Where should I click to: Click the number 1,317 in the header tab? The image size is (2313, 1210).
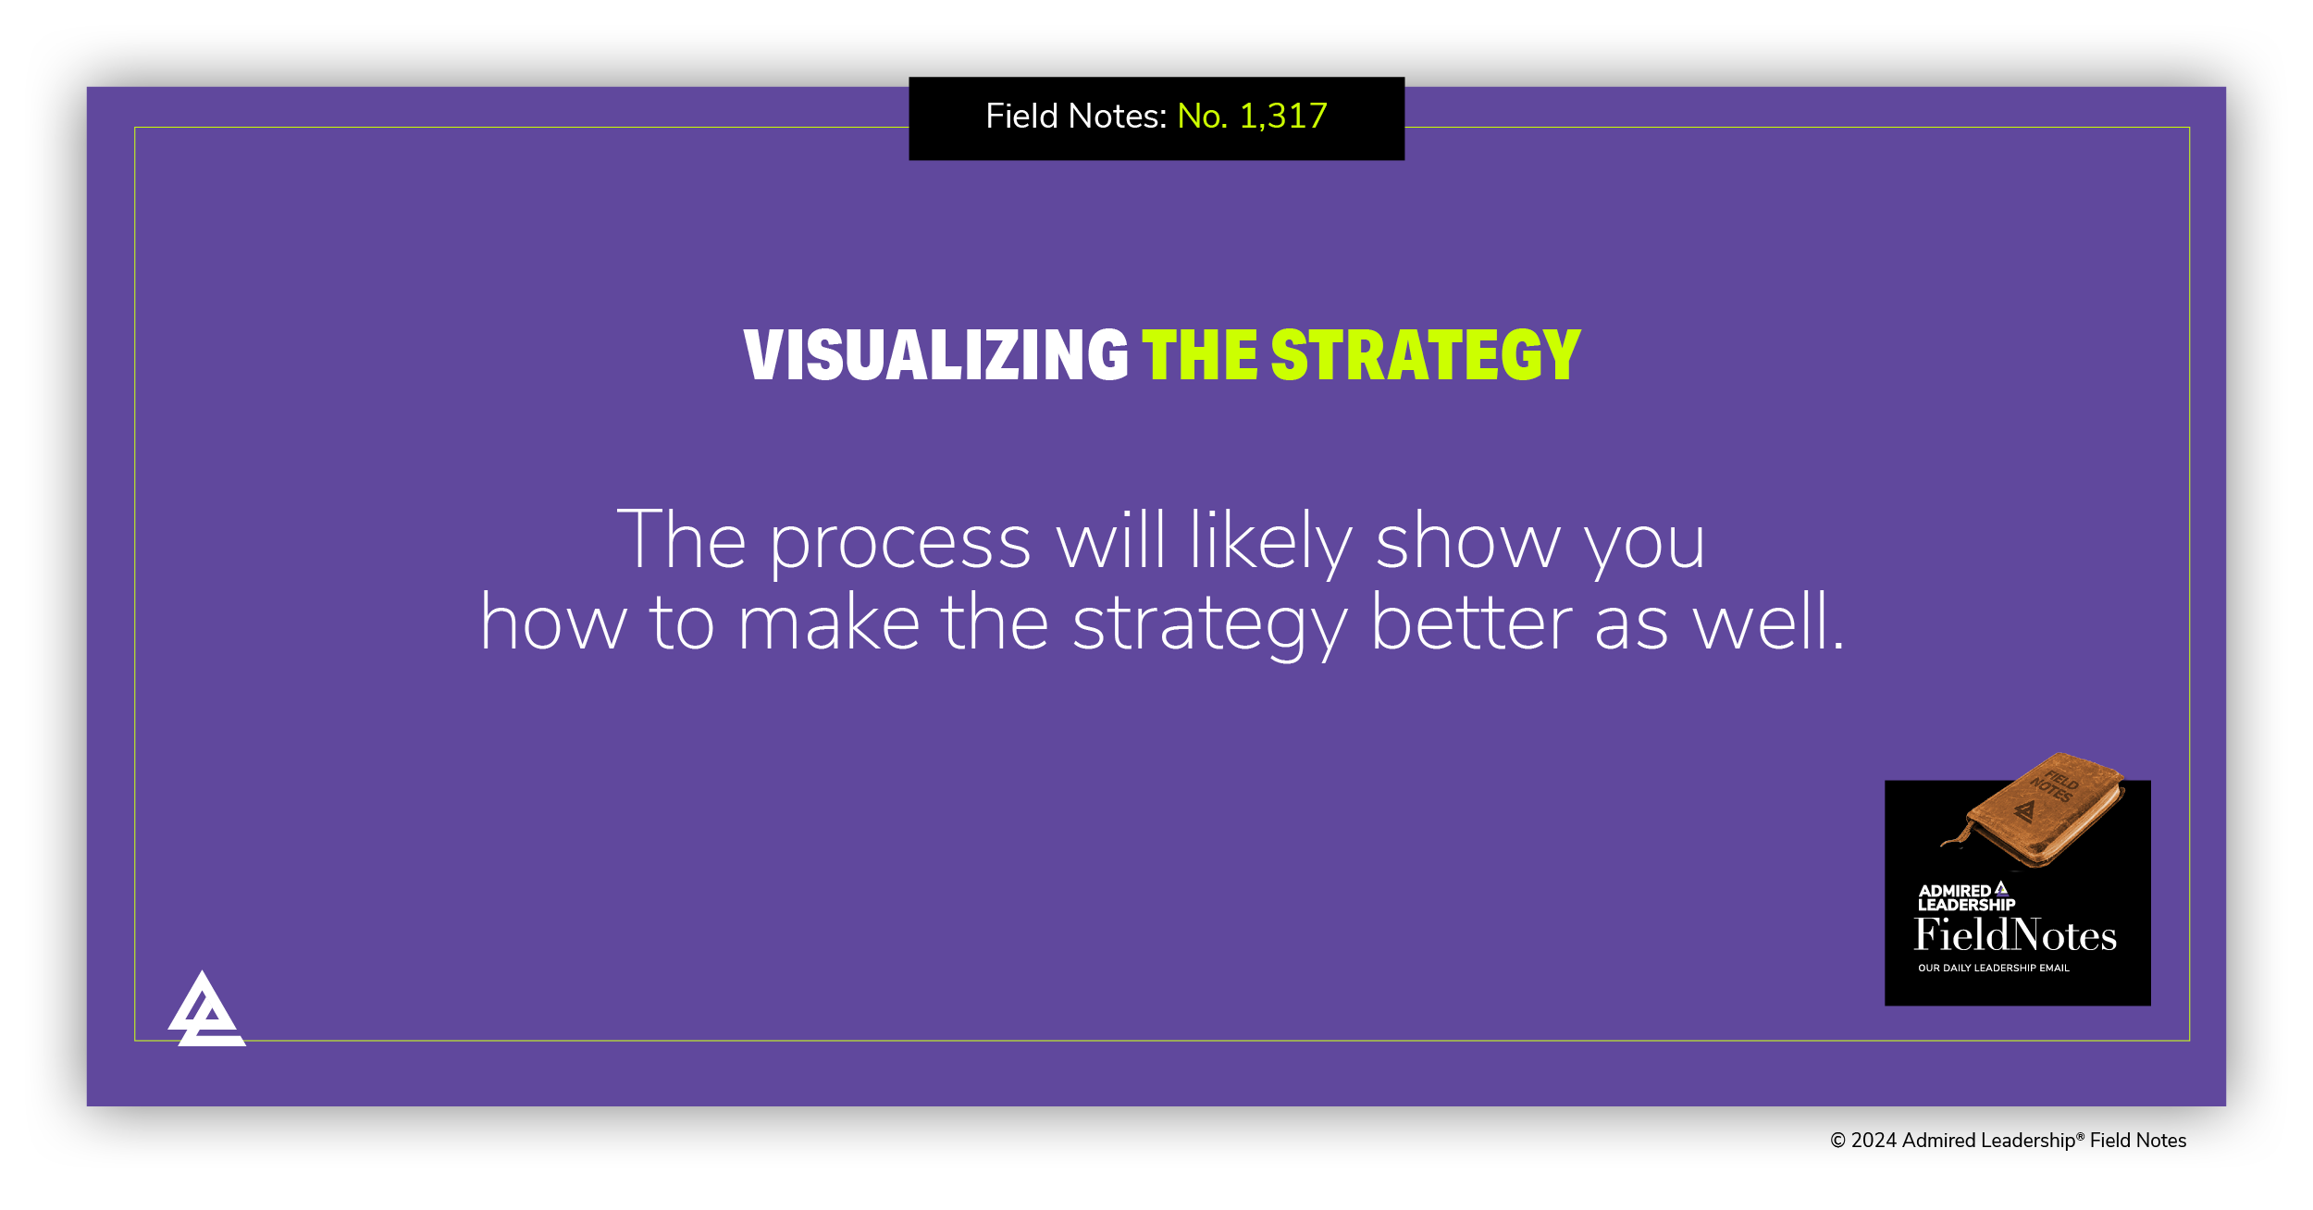click(x=1282, y=117)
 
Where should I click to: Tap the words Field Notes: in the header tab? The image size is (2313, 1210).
click(x=1076, y=117)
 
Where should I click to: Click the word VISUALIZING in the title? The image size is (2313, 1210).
click(x=935, y=355)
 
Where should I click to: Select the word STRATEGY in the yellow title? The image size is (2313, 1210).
click(x=1426, y=355)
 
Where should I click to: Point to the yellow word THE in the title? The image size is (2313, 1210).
click(x=1199, y=355)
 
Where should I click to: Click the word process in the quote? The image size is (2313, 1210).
click(x=900, y=543)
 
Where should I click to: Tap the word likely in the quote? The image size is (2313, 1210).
click(x=1271, y=543)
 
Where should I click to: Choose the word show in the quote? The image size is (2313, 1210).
click(x=1468, y=543)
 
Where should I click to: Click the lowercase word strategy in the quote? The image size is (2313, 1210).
click(x=1210, y=625)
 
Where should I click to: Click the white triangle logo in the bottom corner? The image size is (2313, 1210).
click(x=205, y=1011)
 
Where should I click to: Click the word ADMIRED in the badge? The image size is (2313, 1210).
click(x=1954, y=891)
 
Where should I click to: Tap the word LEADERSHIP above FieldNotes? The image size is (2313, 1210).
click(x=1966, y=905)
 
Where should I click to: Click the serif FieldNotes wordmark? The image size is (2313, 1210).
click(x=2015, y=935)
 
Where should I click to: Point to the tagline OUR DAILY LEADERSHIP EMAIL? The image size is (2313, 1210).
click(x=1993, y=969)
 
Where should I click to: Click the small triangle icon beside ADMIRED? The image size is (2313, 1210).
click(x=2001, y=888)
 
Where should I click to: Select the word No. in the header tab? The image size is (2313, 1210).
click(x=1202, y=117)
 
